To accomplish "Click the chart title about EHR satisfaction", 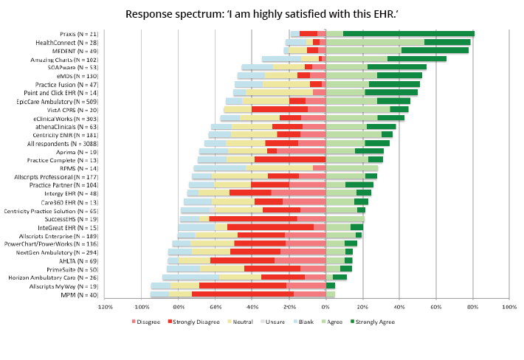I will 261,14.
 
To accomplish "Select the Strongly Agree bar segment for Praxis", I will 409,33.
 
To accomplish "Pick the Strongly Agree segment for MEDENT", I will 435,50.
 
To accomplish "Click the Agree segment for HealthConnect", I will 375,42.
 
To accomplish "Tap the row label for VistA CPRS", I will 74,109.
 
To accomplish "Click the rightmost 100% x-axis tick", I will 509,307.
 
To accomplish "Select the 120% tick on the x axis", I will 106,307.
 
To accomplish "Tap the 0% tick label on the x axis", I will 325,307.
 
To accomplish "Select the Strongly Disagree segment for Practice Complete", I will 290,159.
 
